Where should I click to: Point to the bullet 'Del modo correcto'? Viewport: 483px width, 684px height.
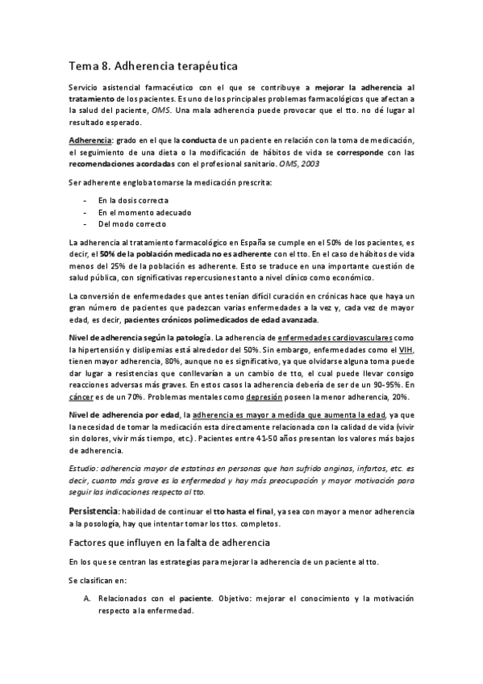132,223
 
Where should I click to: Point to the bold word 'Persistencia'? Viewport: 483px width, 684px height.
94,512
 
